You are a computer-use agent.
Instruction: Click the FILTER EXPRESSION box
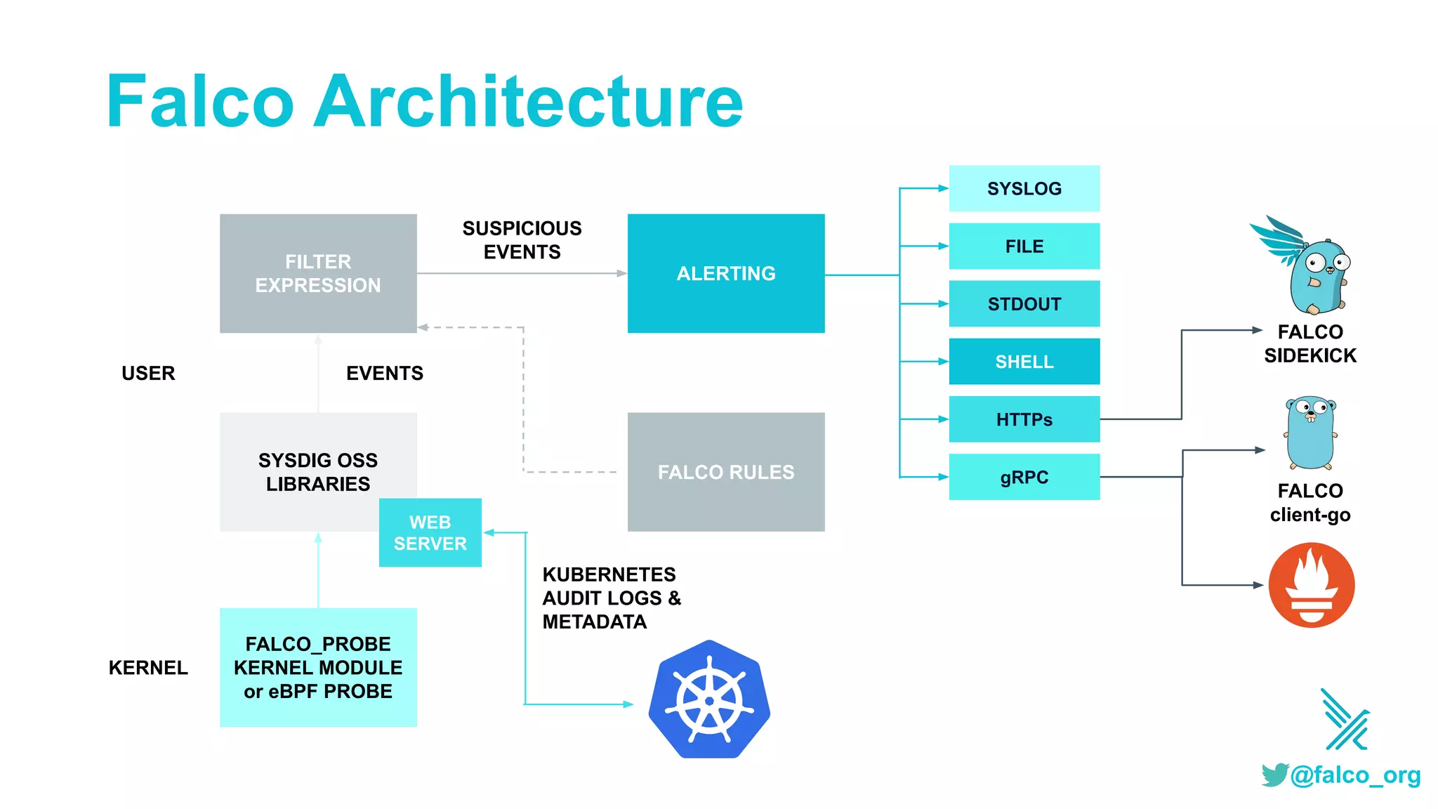[x=318, y=273]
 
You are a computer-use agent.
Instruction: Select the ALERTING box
[x=725, y=273]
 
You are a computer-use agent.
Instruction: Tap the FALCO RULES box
[x=725, y=471]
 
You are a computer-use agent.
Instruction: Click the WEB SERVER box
[x=430, y=533]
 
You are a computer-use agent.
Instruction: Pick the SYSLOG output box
[x=1024, y=188]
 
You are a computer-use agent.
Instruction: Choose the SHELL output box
[x=1024, y=362]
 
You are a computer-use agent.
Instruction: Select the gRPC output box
[x=1024, y=477]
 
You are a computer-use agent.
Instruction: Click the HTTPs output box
[x=1024, y=419]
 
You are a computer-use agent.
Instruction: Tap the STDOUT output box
[x=1024, y=304]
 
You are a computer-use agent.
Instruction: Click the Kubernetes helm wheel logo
[x=709, y=699]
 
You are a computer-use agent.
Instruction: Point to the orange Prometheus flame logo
[x=1311, y=585]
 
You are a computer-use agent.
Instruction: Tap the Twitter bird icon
[x=1274, y=775]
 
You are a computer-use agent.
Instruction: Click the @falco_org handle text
[x=1355, y=775]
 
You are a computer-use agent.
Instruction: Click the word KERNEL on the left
[x=148, y=668]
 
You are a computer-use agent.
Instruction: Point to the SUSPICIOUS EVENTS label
[x=522, y=240]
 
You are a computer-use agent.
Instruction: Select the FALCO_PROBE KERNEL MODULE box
[x=318, y=667]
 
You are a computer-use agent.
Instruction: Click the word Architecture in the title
[x=527, y=102]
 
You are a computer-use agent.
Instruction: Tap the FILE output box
[x=1024, y=246]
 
